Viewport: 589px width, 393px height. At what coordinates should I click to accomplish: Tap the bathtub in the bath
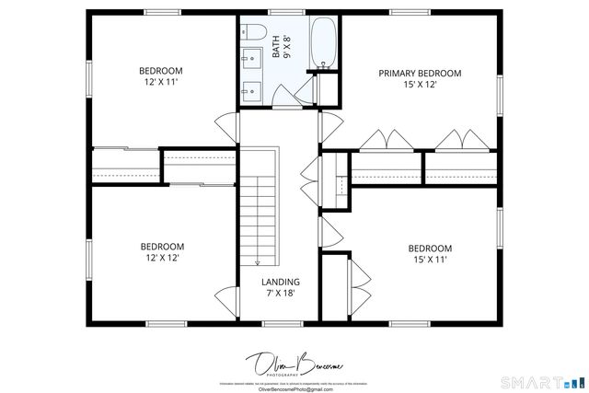pyautogui.click(x=323, y=43)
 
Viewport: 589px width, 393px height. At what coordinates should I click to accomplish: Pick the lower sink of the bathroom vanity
pyautogui.click(x=252, y=90)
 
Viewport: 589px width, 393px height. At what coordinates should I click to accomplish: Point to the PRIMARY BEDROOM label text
pyautogui.click(x=420, y=73)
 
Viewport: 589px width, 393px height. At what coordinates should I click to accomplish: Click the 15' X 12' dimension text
pyautogui.click(x=420, y=85)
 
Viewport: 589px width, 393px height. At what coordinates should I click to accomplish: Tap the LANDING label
pyautogui.click(x=280, y=282)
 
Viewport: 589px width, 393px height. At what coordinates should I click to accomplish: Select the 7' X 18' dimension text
pyautogui.click(x=280, y=294)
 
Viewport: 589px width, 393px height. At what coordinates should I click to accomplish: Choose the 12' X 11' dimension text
pyautogui.click(x=161, y=83)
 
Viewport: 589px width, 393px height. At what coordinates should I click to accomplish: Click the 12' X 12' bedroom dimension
pyautogui.click(x=161, y=259)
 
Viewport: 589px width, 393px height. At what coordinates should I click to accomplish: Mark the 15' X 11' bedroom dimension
pyautogui.click(x=430, y=260)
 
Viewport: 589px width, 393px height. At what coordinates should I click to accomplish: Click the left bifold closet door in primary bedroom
pyautogui.click(x=385, y=141)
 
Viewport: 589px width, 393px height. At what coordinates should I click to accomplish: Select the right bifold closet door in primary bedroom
pyautogui.click(x=459, y=141)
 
